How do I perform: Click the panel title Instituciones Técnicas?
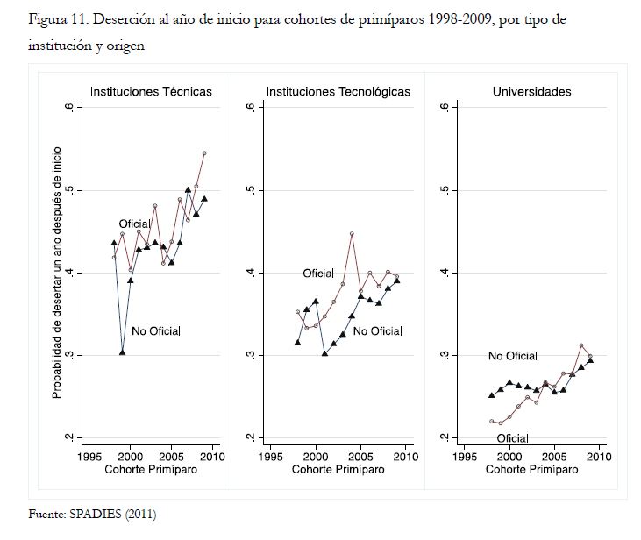(x=152, y=91)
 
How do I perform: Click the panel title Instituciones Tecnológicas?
(x=338, y=91)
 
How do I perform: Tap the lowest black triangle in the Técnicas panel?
(x=122, y=352)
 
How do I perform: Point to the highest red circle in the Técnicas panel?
(x=204, y=153)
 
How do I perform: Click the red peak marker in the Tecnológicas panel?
(x=352, y=234)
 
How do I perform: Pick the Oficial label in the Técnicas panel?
(x=135, y=224)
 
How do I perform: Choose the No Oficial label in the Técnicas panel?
(x=156, y=330)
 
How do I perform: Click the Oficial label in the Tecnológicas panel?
(x=318, y=274)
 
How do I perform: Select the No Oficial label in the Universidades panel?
(x=513, y=356)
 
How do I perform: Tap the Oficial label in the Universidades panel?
(x=511, y=437)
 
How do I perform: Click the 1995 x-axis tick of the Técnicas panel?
(x=89, y=457)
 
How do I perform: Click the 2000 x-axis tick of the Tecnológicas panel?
(x=316, y=457)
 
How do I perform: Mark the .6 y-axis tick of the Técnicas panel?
(x=68, y=107)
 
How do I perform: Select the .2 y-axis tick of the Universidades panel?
(x=446, y=437)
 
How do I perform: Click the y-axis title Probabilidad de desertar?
(x=56, y=272)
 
